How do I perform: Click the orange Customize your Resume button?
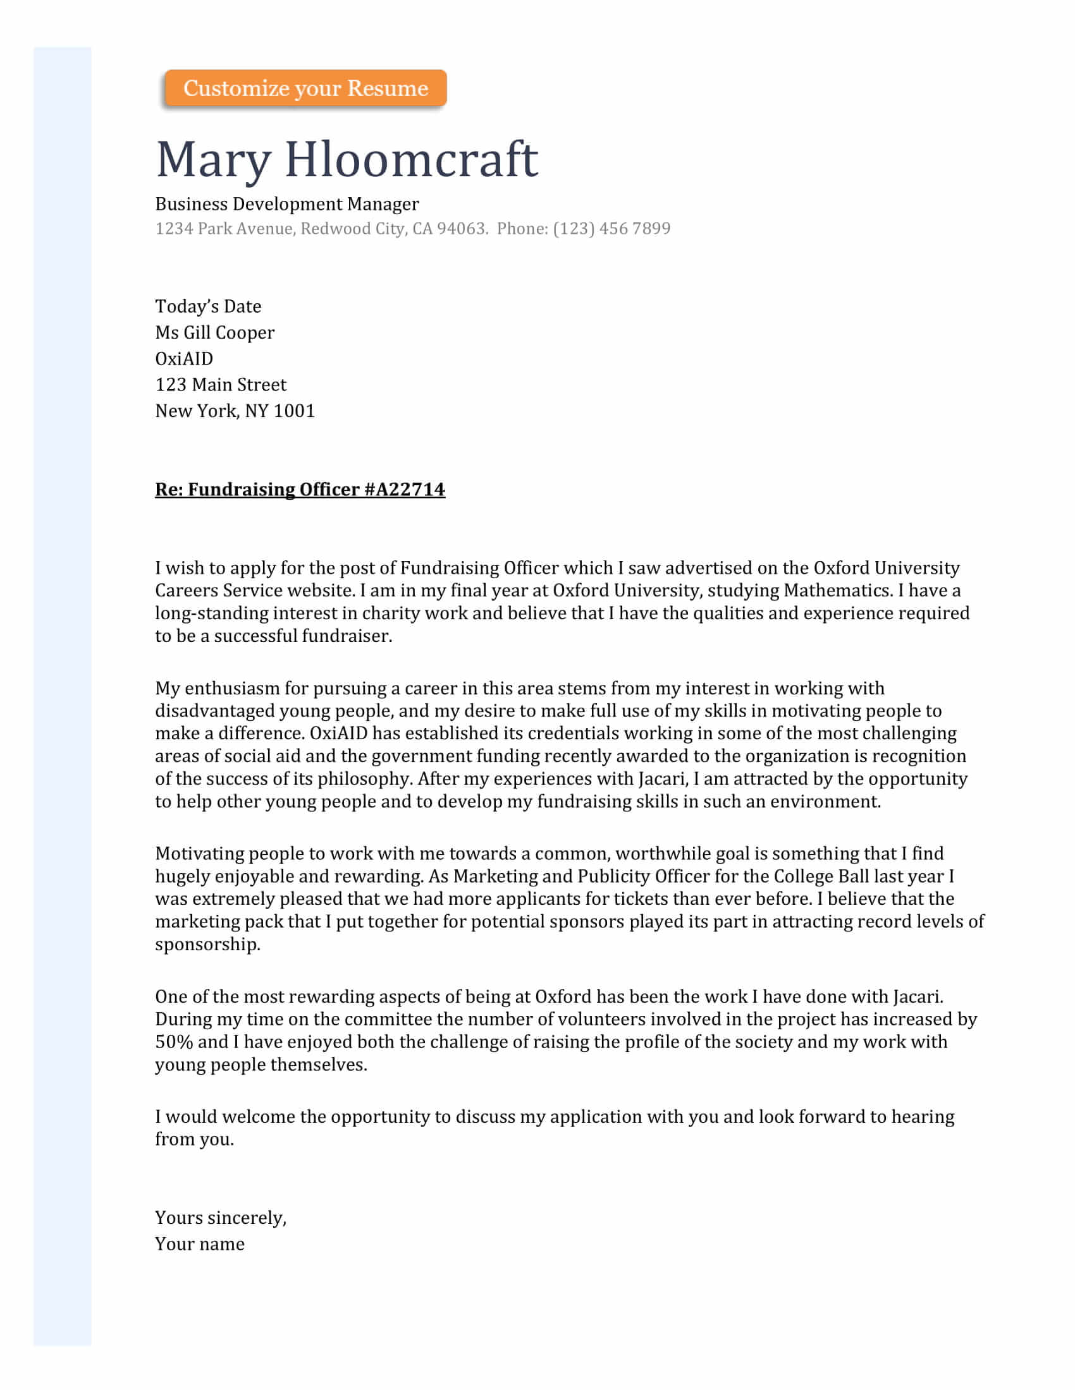[x=305, y=88]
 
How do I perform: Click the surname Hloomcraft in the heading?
[x=411, y=159]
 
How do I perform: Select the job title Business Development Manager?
[x=286, y=204]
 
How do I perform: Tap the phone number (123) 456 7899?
[x=611, y=229]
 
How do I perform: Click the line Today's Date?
[x=208, y=307]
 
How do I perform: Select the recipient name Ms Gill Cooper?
[x=214, y=333]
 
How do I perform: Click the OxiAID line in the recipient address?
[x=184, y=359]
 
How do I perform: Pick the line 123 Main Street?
[x=220, y=385]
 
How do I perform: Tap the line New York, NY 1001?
[x=235, y=411]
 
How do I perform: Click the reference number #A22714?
[x=405, y=490]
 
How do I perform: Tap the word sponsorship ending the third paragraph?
[x=207, y=945]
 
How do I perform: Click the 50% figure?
[x=174, y=1042]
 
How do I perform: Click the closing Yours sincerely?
[x=220, y=1218]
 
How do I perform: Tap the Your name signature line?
[x=199, y=1244]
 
